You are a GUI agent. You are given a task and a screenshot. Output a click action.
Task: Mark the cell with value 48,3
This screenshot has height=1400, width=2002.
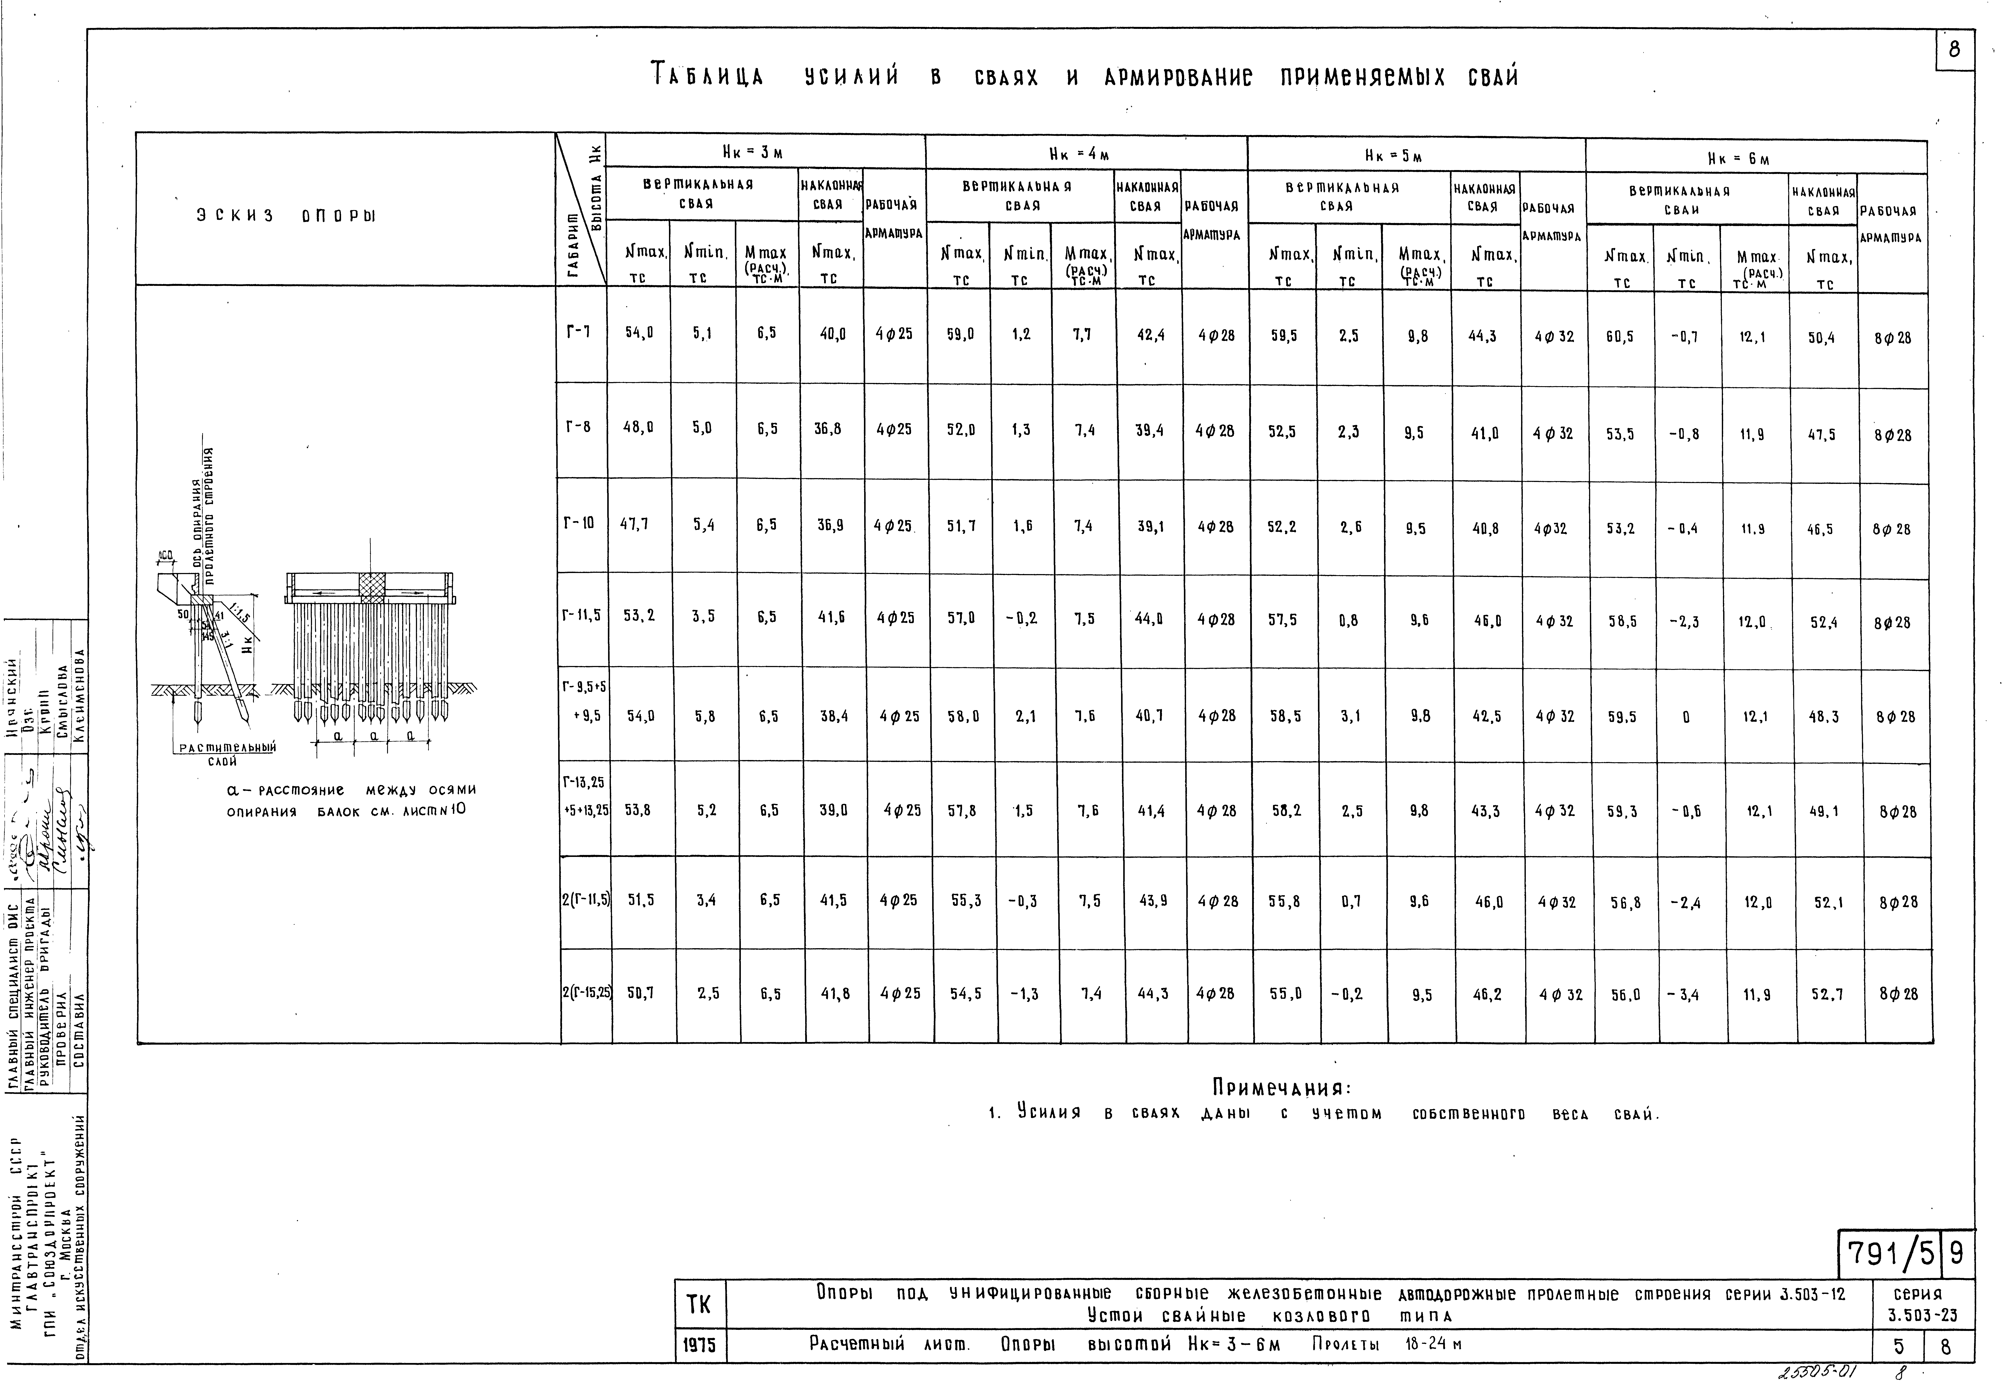pos(1824,716)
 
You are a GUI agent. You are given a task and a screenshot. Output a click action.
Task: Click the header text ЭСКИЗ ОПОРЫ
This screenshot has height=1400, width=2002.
pos(285,216)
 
